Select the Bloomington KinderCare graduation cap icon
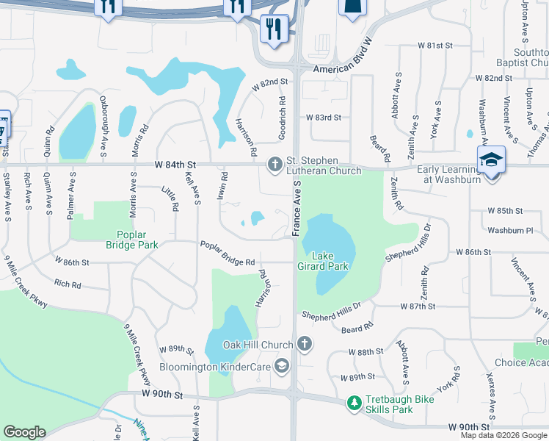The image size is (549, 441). pos(281,366)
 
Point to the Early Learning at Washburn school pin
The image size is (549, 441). pos(491,160)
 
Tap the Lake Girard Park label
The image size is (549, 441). pos(328,262)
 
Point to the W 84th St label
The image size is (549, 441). pos(176,164)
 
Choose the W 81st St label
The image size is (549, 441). pos(435,46)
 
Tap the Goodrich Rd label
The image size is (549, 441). pos(282,117)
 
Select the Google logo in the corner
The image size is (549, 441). pos(25,432)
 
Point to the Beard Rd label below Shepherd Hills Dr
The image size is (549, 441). pos(357,324)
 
